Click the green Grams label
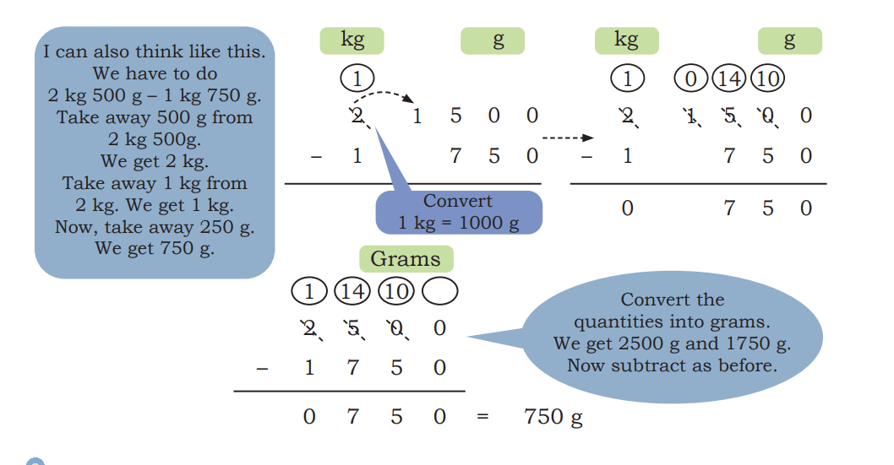[x=406, y=259]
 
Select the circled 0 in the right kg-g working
[x=690, y=78]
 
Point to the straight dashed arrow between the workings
[x=568, y=138]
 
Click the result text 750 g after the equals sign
[x=553, y=417]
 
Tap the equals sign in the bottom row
[x=482, y=417]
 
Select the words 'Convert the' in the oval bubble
[x=673, y=300]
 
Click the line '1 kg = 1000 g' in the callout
[x=458, y=223]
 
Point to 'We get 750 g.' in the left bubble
[x=155, y=249]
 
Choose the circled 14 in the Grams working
[x=352, y=291]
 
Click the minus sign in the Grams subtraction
[x=262, y=369]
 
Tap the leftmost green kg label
[x=352, y=41]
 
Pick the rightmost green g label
[x=790, y=41]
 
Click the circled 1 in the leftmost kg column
[x=357, y=78]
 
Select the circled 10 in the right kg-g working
[x=768, y=78]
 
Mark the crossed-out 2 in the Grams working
[x=310, y=329]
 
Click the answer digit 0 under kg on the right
[x=627, y=208]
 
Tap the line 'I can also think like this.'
[x=155, y=51]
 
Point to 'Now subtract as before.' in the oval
[x=673, y=365]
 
